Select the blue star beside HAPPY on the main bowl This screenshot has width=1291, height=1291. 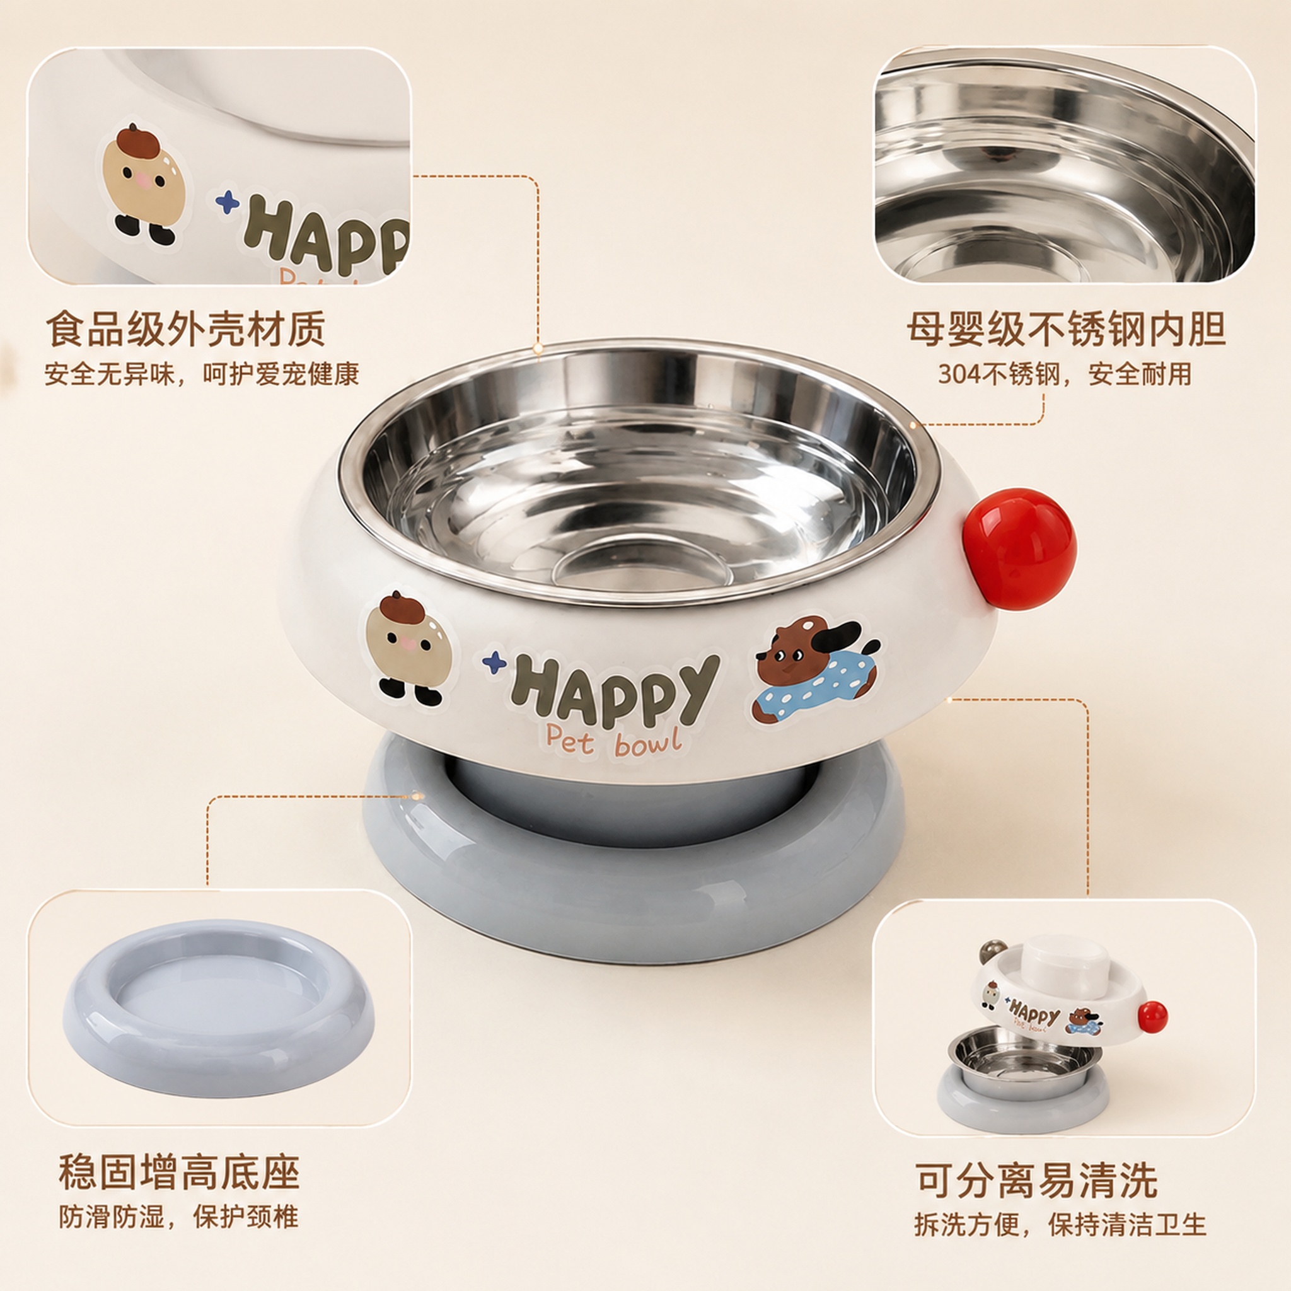click(x=494, y=661)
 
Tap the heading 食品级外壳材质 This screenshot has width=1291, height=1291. click(x=186, y=329)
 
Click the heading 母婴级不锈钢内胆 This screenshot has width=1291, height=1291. click(x=1067, y=329)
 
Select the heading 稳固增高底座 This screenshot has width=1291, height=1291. click(x=179, y=1171)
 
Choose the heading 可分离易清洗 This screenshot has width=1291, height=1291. click(x=1036, y=1181)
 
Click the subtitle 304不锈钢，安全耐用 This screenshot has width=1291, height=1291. click(x=1065, y=374)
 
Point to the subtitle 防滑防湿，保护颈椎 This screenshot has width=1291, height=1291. click(x=178, y=1216)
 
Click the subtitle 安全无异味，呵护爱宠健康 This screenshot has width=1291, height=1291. click(x=202, y=374)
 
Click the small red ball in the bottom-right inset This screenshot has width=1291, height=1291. click(x=1153, y=1016)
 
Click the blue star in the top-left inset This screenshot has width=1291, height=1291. click(x=228, y=202)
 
